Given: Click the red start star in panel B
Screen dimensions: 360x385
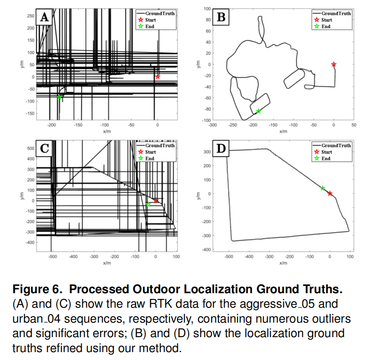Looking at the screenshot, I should [x=334, y=64].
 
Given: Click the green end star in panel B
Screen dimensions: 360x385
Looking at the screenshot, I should [x=259, y=111].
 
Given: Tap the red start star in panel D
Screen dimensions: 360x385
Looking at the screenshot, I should [x=330, y=193].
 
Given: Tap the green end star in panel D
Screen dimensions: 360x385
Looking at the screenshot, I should [x=323, y=188].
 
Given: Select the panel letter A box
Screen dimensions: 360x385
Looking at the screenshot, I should [x=44, y=18].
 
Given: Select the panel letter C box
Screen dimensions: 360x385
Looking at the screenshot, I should [x=44, y=148].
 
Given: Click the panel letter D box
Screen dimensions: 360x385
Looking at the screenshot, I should [x=221, y=148].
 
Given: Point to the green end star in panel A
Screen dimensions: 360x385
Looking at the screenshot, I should [x=59, y=97].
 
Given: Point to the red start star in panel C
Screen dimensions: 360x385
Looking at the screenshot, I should [x=156, y=200].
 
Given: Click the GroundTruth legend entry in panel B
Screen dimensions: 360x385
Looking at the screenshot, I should [x=332, y=14].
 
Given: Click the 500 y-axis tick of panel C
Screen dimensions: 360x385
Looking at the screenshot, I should [x=31, y=149].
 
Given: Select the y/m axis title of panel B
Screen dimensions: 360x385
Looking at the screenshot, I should [x=198, y=64].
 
